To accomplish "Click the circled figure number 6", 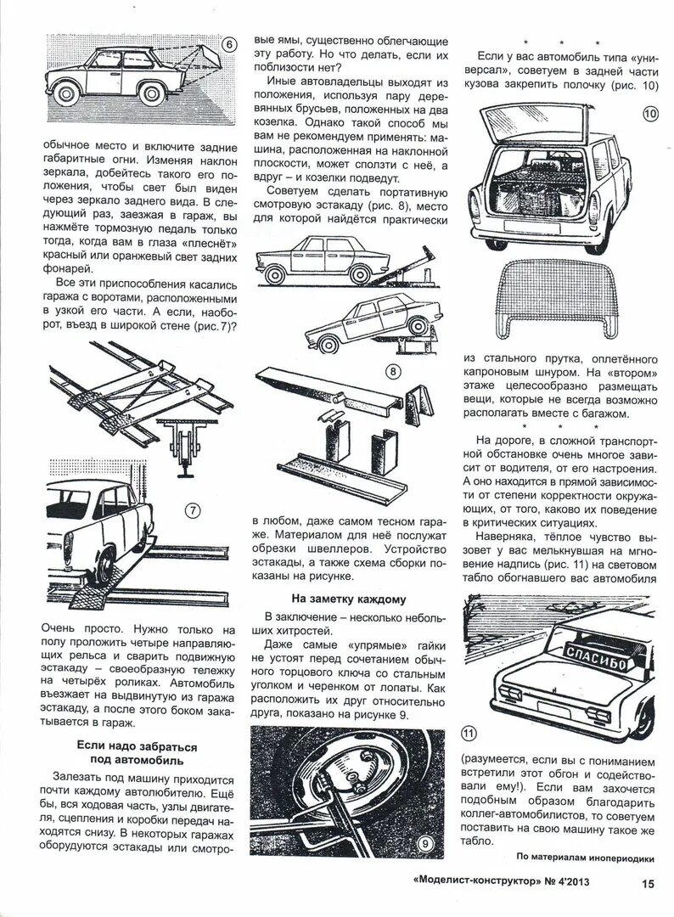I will pyautogui.click(x=227, y=45).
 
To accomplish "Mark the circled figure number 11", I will pyautogui.click(x=470, y=734).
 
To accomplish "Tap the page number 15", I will pyautogui.click(x=648, y=882).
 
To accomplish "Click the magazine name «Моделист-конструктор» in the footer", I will pyautogui.click(x=472, y=882).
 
